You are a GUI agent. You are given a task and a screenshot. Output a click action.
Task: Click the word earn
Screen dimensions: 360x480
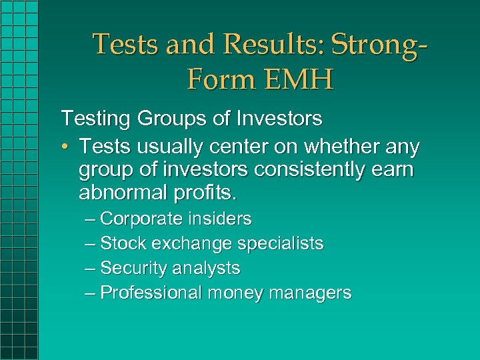point(393,170)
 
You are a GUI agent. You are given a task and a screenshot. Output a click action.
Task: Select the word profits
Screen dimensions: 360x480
point(203,194)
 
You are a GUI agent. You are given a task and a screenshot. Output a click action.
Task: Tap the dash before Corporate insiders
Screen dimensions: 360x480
point(90,219)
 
